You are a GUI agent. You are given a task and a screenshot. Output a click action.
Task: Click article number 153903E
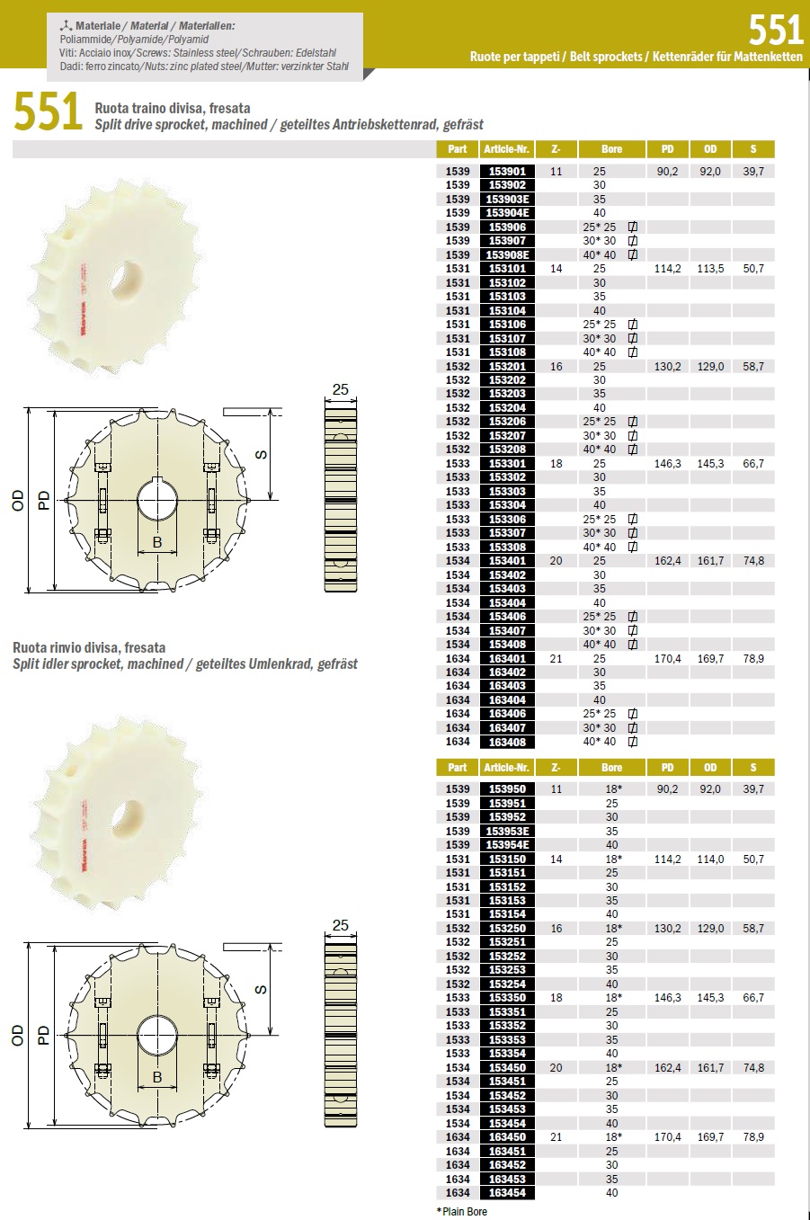click(x=507, y=200)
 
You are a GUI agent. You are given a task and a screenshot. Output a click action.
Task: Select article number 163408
click(x=507, y=742)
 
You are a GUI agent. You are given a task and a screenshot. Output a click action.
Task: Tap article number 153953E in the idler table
click(x=507, y=831)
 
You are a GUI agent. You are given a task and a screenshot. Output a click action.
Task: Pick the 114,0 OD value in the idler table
click(x=710, y=859)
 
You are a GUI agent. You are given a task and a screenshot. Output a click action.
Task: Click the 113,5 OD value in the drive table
click(x=710, y=269)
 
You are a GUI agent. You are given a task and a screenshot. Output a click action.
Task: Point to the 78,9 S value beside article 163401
click(x=753, y=658)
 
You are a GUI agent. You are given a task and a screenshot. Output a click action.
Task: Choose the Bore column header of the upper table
click(x=611, y=149)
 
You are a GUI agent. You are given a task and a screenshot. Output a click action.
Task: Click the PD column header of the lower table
click(x=667, y=768)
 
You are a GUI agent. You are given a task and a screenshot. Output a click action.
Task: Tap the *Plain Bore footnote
click(x=462, y=1211)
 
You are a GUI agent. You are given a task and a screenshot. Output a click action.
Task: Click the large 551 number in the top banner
click(x=776, y=30)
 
